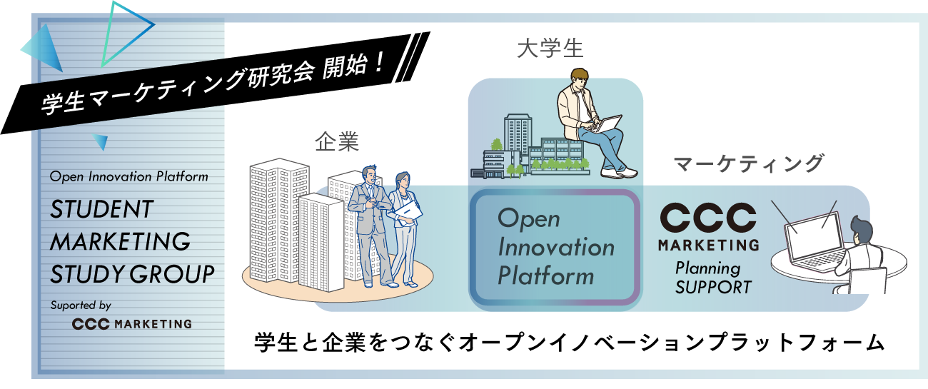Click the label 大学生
tap(550, 49)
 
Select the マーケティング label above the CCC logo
tap(748, 163)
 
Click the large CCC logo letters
tap(707, 218)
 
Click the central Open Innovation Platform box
tap(555, 247)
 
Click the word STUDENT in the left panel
tap(101, 209)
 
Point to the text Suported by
tap(80, 305)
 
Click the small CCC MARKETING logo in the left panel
tap(132, 324)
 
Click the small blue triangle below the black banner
tap(99, 142)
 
